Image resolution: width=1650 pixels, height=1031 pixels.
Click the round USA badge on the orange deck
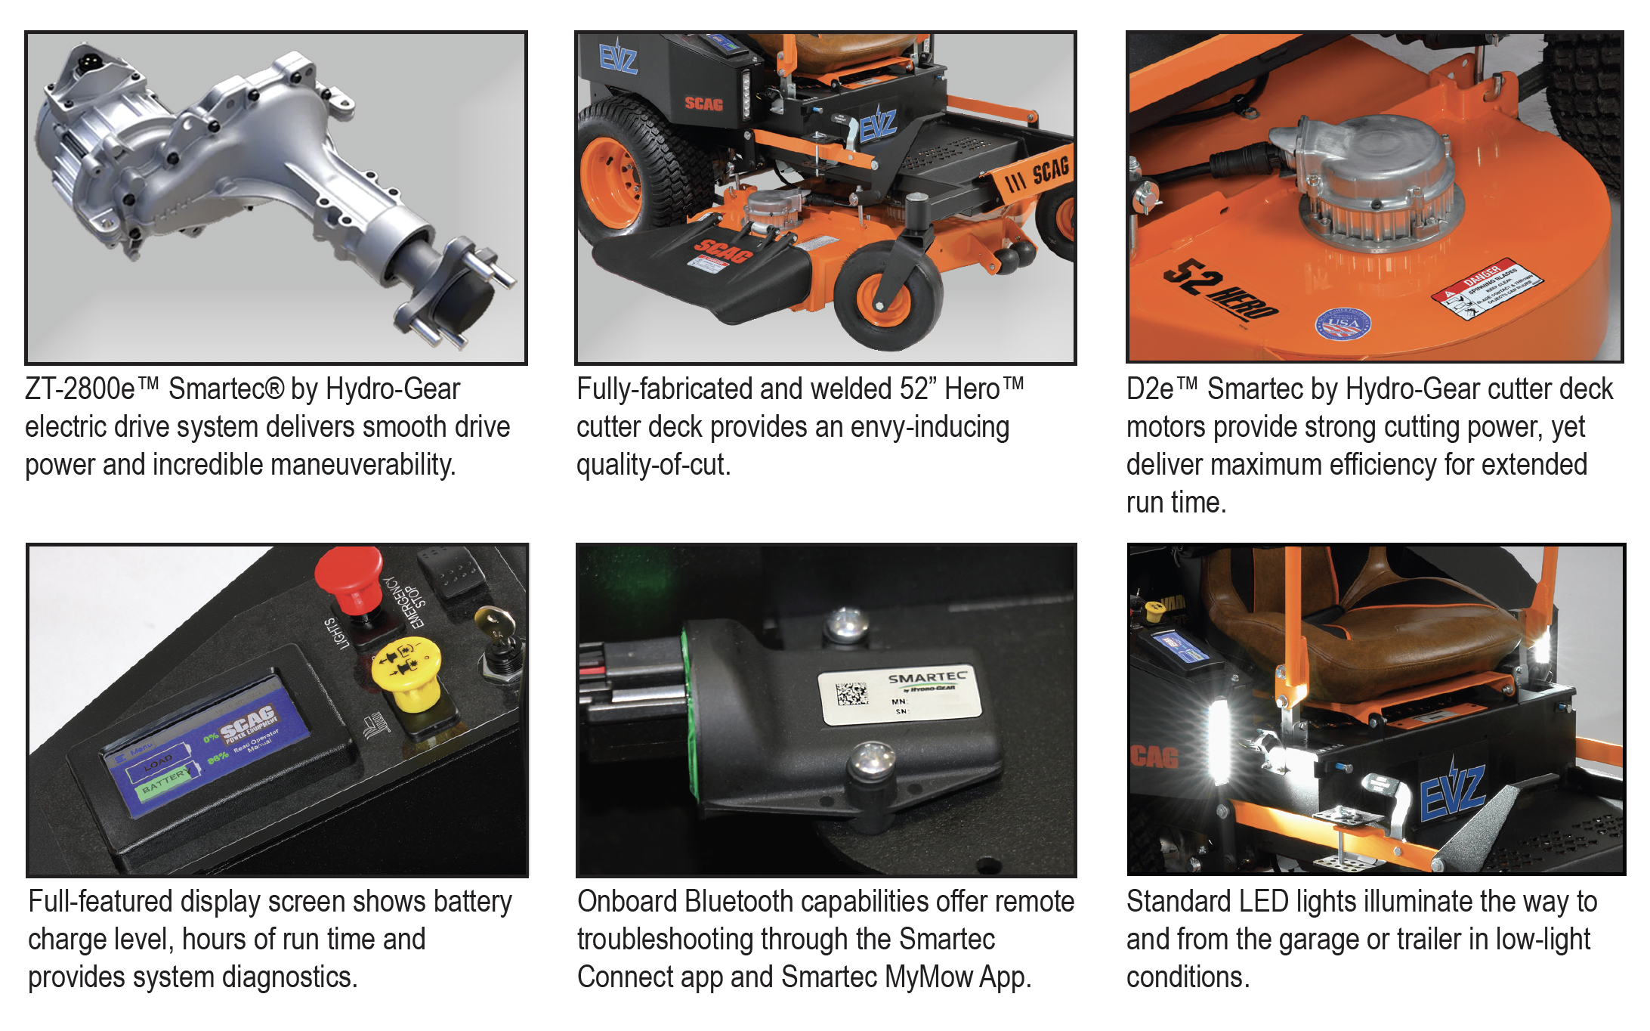[x=1343, y=324]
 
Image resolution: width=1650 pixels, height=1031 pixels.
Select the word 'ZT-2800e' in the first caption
[x=80, y=389]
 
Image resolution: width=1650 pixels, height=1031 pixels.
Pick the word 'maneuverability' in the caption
[x=363, y=465]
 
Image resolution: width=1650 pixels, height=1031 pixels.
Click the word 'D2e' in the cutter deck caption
[x=1150, y=389]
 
